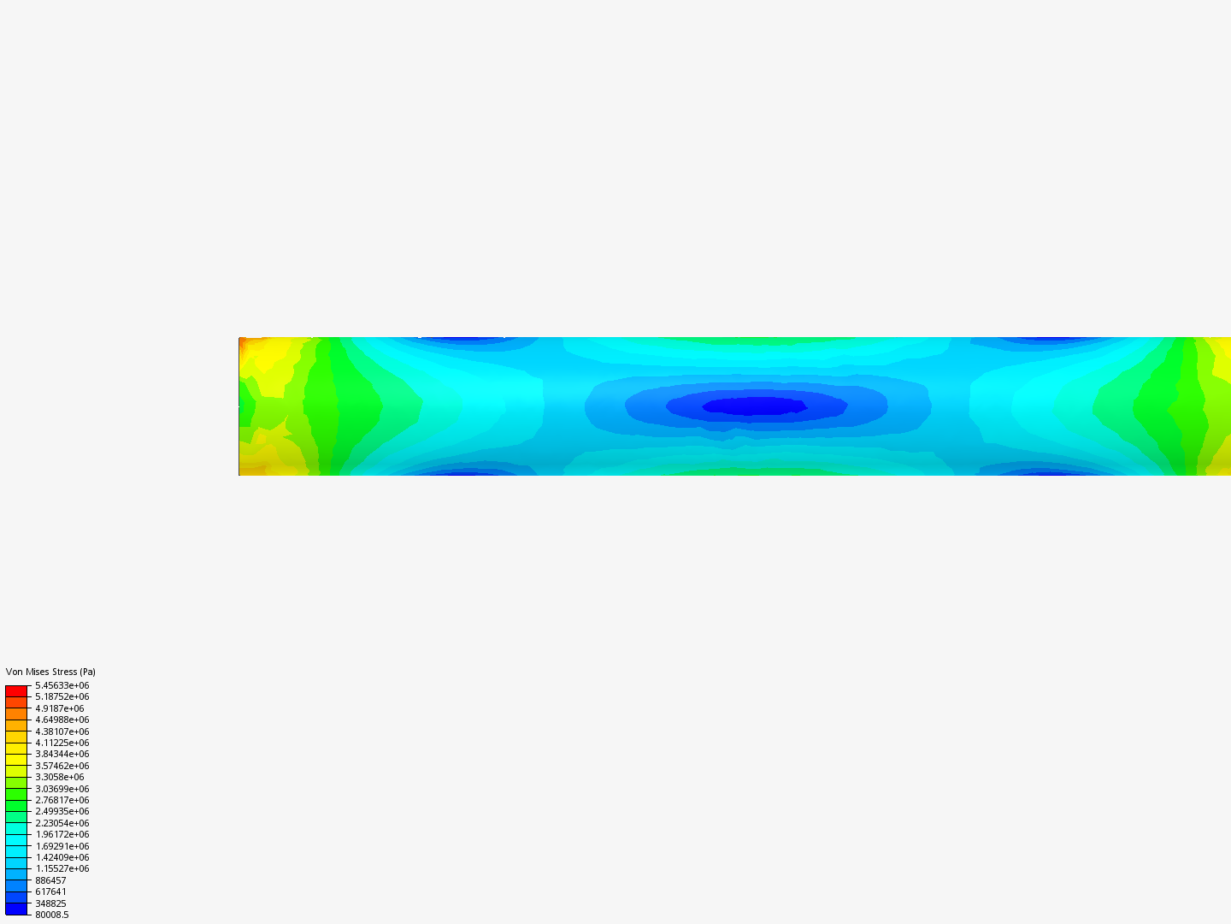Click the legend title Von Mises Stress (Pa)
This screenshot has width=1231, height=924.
[x=50, y=672]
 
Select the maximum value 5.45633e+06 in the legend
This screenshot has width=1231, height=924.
[x=62, y=685]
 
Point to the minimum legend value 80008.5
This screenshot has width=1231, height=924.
[x=51, y=915]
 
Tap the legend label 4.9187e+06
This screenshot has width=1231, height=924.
[x=59, y=708]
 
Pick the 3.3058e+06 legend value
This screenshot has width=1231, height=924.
[x=59, y=777]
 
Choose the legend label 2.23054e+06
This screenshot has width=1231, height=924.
[x=62, y=823]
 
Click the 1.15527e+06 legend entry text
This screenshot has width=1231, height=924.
[x=62, y=868]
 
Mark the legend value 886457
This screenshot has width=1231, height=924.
[x=50, y=880]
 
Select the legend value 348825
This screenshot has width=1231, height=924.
[x=50, y=903]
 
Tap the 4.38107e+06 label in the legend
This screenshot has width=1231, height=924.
[x=62, y=731]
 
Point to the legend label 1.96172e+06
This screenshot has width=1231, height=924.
[x=62, y=834]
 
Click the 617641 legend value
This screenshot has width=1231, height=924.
[x=50, y=891]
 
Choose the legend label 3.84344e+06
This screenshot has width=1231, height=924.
[x=62, y=754]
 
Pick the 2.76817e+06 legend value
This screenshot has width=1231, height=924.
[x=62, y=800]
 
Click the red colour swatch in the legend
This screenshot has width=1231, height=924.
[x=16, y=690]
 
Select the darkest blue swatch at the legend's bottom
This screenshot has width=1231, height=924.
[x=16, y=909]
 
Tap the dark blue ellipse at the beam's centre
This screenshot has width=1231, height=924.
[x=755, y=406]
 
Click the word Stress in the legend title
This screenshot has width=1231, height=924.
[x=64, y=672]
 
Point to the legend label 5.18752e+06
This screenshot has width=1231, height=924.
[x=62, y=696]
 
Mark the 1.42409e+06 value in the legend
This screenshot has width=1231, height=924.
[x=62, y=857]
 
